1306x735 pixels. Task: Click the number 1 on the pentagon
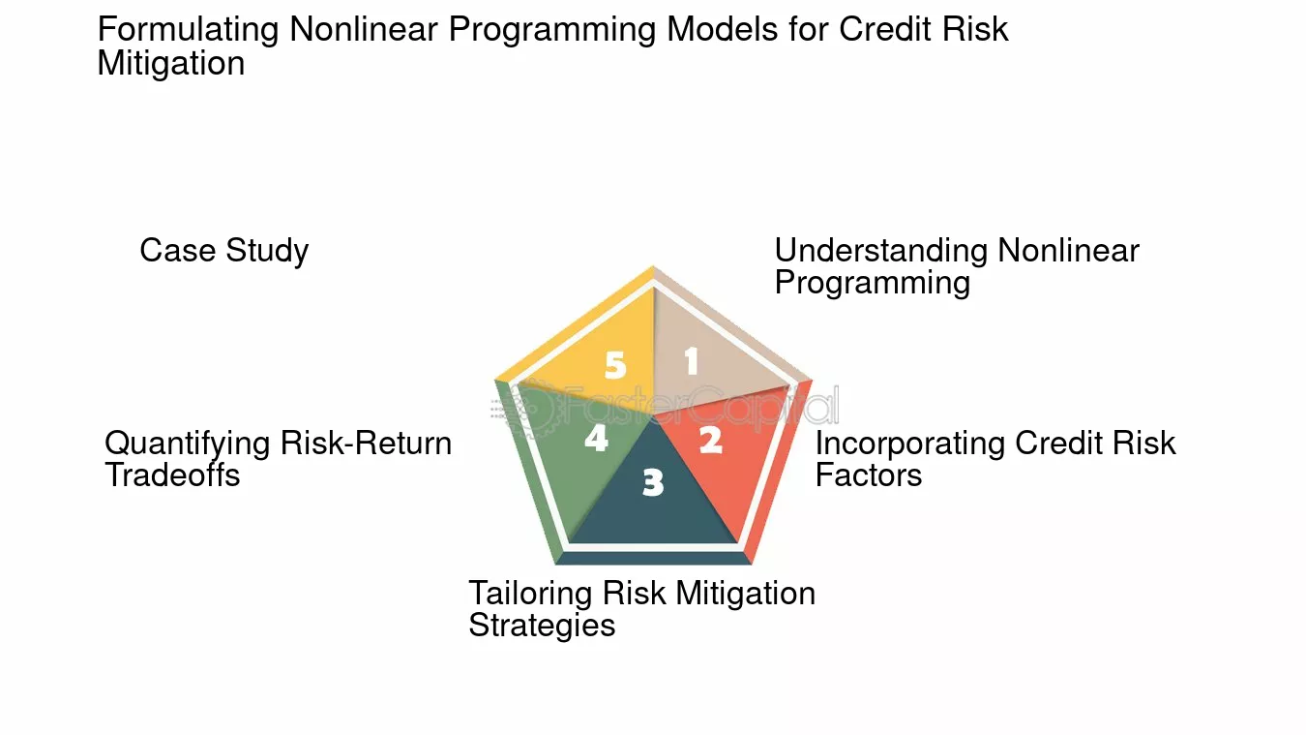[x=692, y=360]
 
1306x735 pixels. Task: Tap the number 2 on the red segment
[x=711, y=441]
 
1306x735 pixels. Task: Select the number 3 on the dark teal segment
[x=653, y=483]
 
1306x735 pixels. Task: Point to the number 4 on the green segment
[x=597, y=439]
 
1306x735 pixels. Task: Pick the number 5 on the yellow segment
[x=615, y=365]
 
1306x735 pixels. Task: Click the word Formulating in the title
[x=188, y=29]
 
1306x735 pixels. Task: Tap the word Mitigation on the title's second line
[x=171, y=63]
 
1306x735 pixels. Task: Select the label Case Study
[x=223, y=251]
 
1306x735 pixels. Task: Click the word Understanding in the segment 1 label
[x=881, y=251]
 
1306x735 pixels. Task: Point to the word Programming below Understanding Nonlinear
[x=873, y=283]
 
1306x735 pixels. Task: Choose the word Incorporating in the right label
[x=910, y=444]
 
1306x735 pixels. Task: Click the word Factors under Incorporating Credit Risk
[x=869, y=475]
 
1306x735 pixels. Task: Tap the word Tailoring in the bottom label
[x=530, y=594]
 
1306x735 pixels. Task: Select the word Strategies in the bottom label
[x=542, y=626]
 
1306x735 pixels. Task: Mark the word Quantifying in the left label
[x=188, y=444]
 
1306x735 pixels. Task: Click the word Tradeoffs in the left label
[x=172, y=475]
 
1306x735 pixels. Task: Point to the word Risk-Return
[x=366, y=444]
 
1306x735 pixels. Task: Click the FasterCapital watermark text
[x=665, y=407]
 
